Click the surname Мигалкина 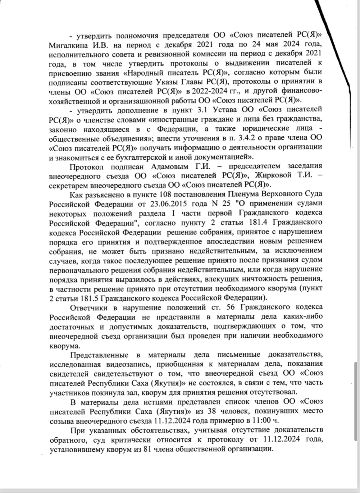[x=67, y=45]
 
